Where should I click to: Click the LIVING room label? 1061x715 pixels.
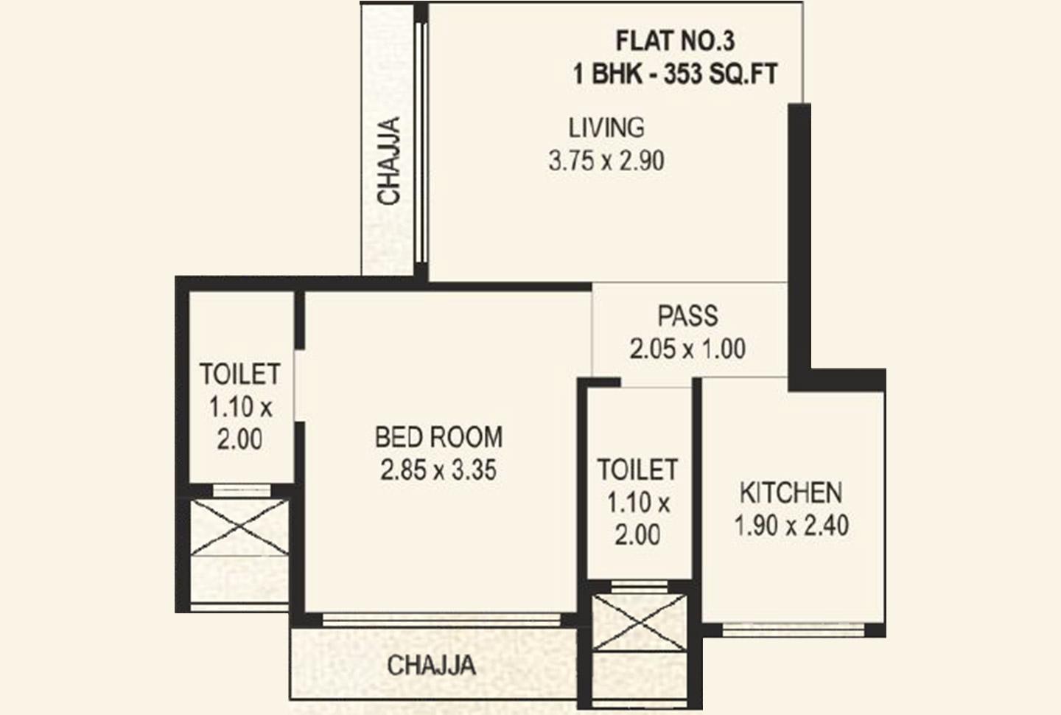[606, 128]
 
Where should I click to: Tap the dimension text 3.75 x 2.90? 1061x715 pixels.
[606, 161]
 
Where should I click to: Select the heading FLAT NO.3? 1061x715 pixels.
[675, 41]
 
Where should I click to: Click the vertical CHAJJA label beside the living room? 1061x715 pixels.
[388, 161]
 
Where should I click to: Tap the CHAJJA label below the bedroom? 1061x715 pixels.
[431, 666]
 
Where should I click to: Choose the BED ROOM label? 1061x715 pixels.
[438, 437]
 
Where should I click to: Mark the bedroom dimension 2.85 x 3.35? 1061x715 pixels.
[438, 470]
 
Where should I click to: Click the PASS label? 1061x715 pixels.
[687, 315]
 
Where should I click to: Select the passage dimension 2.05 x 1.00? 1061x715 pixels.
[687, 349]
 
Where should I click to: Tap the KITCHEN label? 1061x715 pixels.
[791, 492]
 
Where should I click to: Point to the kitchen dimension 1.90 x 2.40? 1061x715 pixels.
[791, 526]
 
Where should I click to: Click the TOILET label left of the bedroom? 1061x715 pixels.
[239, 374]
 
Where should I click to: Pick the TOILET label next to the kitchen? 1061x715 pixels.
[637, 470]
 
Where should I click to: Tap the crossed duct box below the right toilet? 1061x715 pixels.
[640, 623]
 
